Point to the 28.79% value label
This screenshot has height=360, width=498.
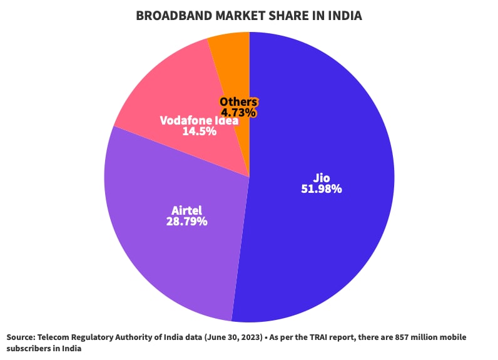pyautogui.click(x=186, y=221)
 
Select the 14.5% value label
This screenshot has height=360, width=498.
pyautogui.click(x=199, y=131)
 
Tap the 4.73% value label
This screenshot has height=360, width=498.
pyautogui.click(x=238, y=113)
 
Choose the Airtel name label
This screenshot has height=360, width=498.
pyautogui.click(x=186, y=210)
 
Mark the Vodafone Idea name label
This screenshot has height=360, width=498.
pyautogui.click(x=199, y=120)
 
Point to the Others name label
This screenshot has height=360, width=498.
pyautogui.click(x=238, y=102)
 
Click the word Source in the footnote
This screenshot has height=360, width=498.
pyautogui.click(x=21, y=337)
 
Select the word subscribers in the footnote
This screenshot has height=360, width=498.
pyautogui.click(x=29, y=349)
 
